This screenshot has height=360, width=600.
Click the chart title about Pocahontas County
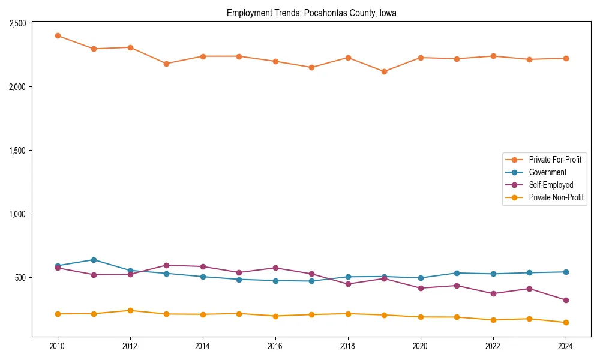(311, 13)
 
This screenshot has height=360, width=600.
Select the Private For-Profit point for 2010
(58, 36)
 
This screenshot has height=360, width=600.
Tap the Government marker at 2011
(94, 260)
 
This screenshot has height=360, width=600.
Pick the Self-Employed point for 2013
(166, 265)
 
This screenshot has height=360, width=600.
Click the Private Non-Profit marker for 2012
(130, 311)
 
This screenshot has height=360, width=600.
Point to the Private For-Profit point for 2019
(384, 71)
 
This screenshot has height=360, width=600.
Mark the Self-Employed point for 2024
(566, 300)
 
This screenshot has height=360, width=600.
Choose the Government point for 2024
(566, 272)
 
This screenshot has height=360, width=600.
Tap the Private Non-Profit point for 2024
(566, 323)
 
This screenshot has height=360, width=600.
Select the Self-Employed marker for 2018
(348, 284)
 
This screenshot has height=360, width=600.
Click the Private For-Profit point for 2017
(311, 67)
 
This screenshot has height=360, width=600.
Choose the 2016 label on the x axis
(275, 346)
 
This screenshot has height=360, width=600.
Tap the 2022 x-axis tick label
(493, 346)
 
